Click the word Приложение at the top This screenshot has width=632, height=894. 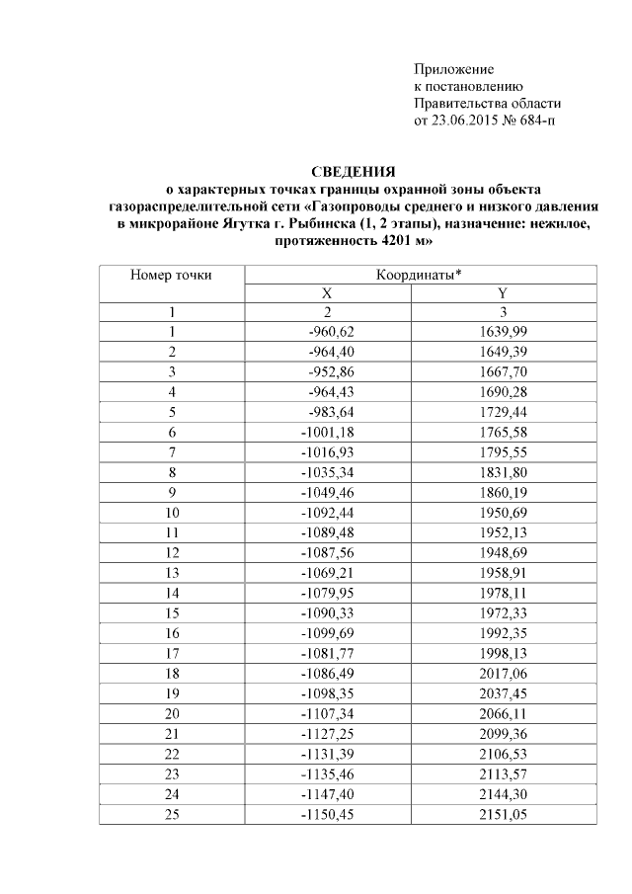[x=452, y=70]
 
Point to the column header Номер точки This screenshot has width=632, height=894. [x=171, y=275]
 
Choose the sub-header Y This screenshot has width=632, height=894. [x=504, y=293]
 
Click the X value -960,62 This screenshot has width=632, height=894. [x=332, y=331]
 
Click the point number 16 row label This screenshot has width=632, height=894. [x=171, y=632]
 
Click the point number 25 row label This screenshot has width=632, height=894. [x=171, y=814]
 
